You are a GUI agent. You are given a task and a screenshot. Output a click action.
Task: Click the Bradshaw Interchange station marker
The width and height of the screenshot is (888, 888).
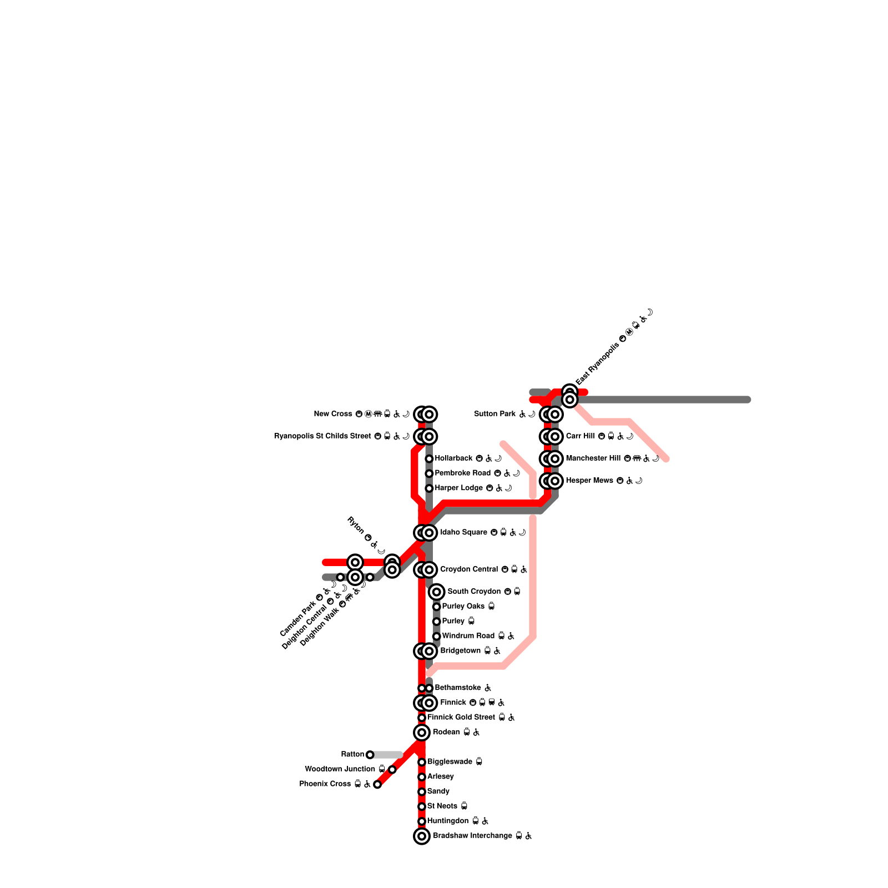[422, 836]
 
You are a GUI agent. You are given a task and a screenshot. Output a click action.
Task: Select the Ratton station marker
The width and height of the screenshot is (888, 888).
[370, 754]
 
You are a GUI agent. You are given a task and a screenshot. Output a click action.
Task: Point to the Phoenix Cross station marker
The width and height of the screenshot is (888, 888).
[377, 784]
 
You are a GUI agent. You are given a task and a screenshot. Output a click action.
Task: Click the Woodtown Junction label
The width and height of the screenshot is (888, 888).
[340, 769]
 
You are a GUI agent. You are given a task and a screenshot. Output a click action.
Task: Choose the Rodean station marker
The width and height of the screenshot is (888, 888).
[422, 733]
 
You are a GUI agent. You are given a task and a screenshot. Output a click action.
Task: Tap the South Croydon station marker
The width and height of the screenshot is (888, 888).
[437, 592]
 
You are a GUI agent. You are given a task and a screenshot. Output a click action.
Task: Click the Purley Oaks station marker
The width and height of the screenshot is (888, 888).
[437, 607]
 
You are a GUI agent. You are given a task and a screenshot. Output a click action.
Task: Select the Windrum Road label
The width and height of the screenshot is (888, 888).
[468, 636]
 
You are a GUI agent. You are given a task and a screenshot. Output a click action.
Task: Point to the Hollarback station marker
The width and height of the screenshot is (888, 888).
[429, 458]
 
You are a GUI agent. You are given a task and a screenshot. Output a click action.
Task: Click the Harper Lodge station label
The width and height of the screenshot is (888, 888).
[458, 488]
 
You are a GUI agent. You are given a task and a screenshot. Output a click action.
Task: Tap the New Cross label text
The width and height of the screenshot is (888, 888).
[332, 414]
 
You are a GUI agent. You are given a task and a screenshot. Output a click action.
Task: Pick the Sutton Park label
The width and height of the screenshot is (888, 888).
[495, 414]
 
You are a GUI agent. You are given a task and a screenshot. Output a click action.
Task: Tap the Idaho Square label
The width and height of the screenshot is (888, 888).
[463, 533]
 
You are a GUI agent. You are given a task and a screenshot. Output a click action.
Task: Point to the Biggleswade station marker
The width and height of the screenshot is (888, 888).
[422, 762]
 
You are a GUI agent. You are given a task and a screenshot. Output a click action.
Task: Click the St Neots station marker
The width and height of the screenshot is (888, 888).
[422, 806]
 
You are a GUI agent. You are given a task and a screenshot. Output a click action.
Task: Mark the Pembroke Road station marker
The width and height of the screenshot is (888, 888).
[429, 473]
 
